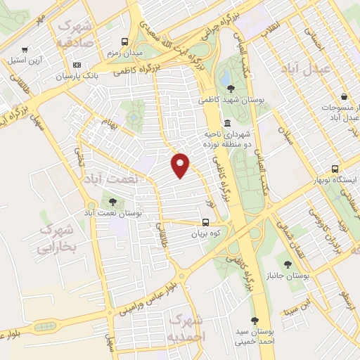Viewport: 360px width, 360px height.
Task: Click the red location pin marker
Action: (181, 165)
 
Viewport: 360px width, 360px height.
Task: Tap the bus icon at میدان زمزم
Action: (125, 41)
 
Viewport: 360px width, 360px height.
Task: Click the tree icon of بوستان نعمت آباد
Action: (112, 202)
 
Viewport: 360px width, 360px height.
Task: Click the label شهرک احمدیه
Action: (185, 328)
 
